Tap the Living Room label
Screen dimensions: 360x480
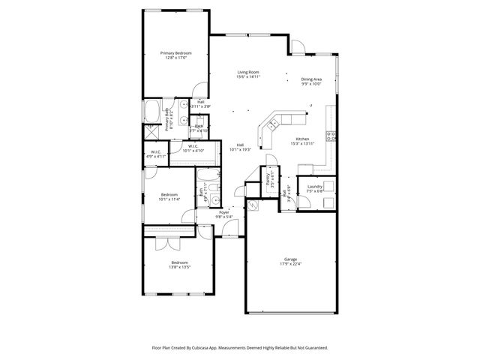(247, 72)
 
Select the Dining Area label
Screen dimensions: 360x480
(311, 79)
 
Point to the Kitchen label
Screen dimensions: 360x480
(302, 139)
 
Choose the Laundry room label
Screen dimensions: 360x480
(314, 186)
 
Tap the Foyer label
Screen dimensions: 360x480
(223, 212)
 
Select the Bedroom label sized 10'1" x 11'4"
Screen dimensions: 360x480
(169, 195)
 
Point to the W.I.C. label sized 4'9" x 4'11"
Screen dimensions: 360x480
(157, 152)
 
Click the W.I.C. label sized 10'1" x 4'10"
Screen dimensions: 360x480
(192, 146)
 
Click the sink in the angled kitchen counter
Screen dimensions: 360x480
(274, 123)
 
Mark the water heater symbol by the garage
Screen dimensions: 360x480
(253, 204)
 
